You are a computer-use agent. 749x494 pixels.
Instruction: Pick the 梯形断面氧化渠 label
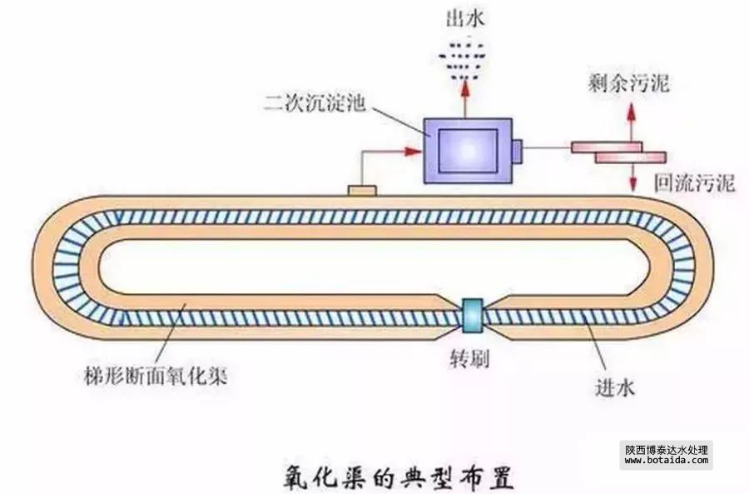pyautogui.click(x=167, y=377)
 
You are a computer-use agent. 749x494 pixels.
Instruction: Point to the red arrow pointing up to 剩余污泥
pyautogui.click(x=631, y=117)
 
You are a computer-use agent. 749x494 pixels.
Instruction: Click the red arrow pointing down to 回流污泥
pyautogui.click(x=632, y=176)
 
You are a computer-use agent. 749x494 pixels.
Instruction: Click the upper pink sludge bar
pyautogui.click(x=606, y=147)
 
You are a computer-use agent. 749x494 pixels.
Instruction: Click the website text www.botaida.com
pyautogui.click(x=666, y=460)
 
